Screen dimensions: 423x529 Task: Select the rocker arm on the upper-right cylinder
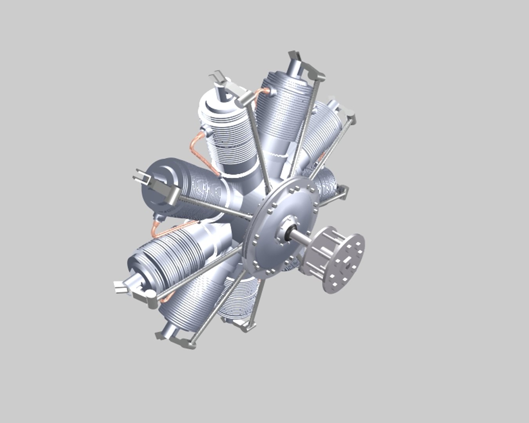(x=345, y=114)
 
